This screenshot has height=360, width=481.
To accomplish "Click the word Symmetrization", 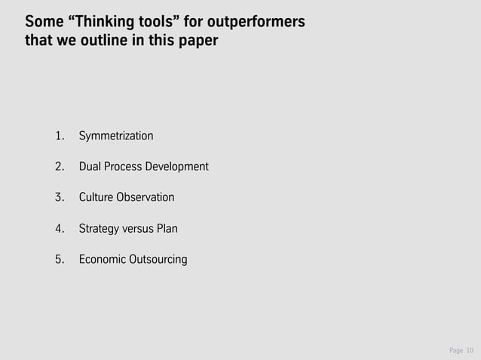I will pos(116,136).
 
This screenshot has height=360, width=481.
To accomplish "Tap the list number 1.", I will pos(59,136).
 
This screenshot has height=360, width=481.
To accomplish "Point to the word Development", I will pos(180,166).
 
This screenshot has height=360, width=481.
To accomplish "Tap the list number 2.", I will pos(59,166).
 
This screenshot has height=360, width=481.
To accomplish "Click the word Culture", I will pos(97,197).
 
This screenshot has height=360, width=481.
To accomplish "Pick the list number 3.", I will pos(59,197).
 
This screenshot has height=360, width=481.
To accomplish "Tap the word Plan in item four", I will pos(167,228).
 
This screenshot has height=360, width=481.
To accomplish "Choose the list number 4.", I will pos(59,228).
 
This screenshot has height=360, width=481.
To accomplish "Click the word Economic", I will pos(103,260).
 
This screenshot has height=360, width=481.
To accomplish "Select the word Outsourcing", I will pos(159,260).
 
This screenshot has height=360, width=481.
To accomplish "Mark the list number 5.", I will pos(59,260).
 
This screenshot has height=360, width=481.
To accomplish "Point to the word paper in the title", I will pos(198,40).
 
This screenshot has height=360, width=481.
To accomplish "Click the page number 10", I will pos(470,350).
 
